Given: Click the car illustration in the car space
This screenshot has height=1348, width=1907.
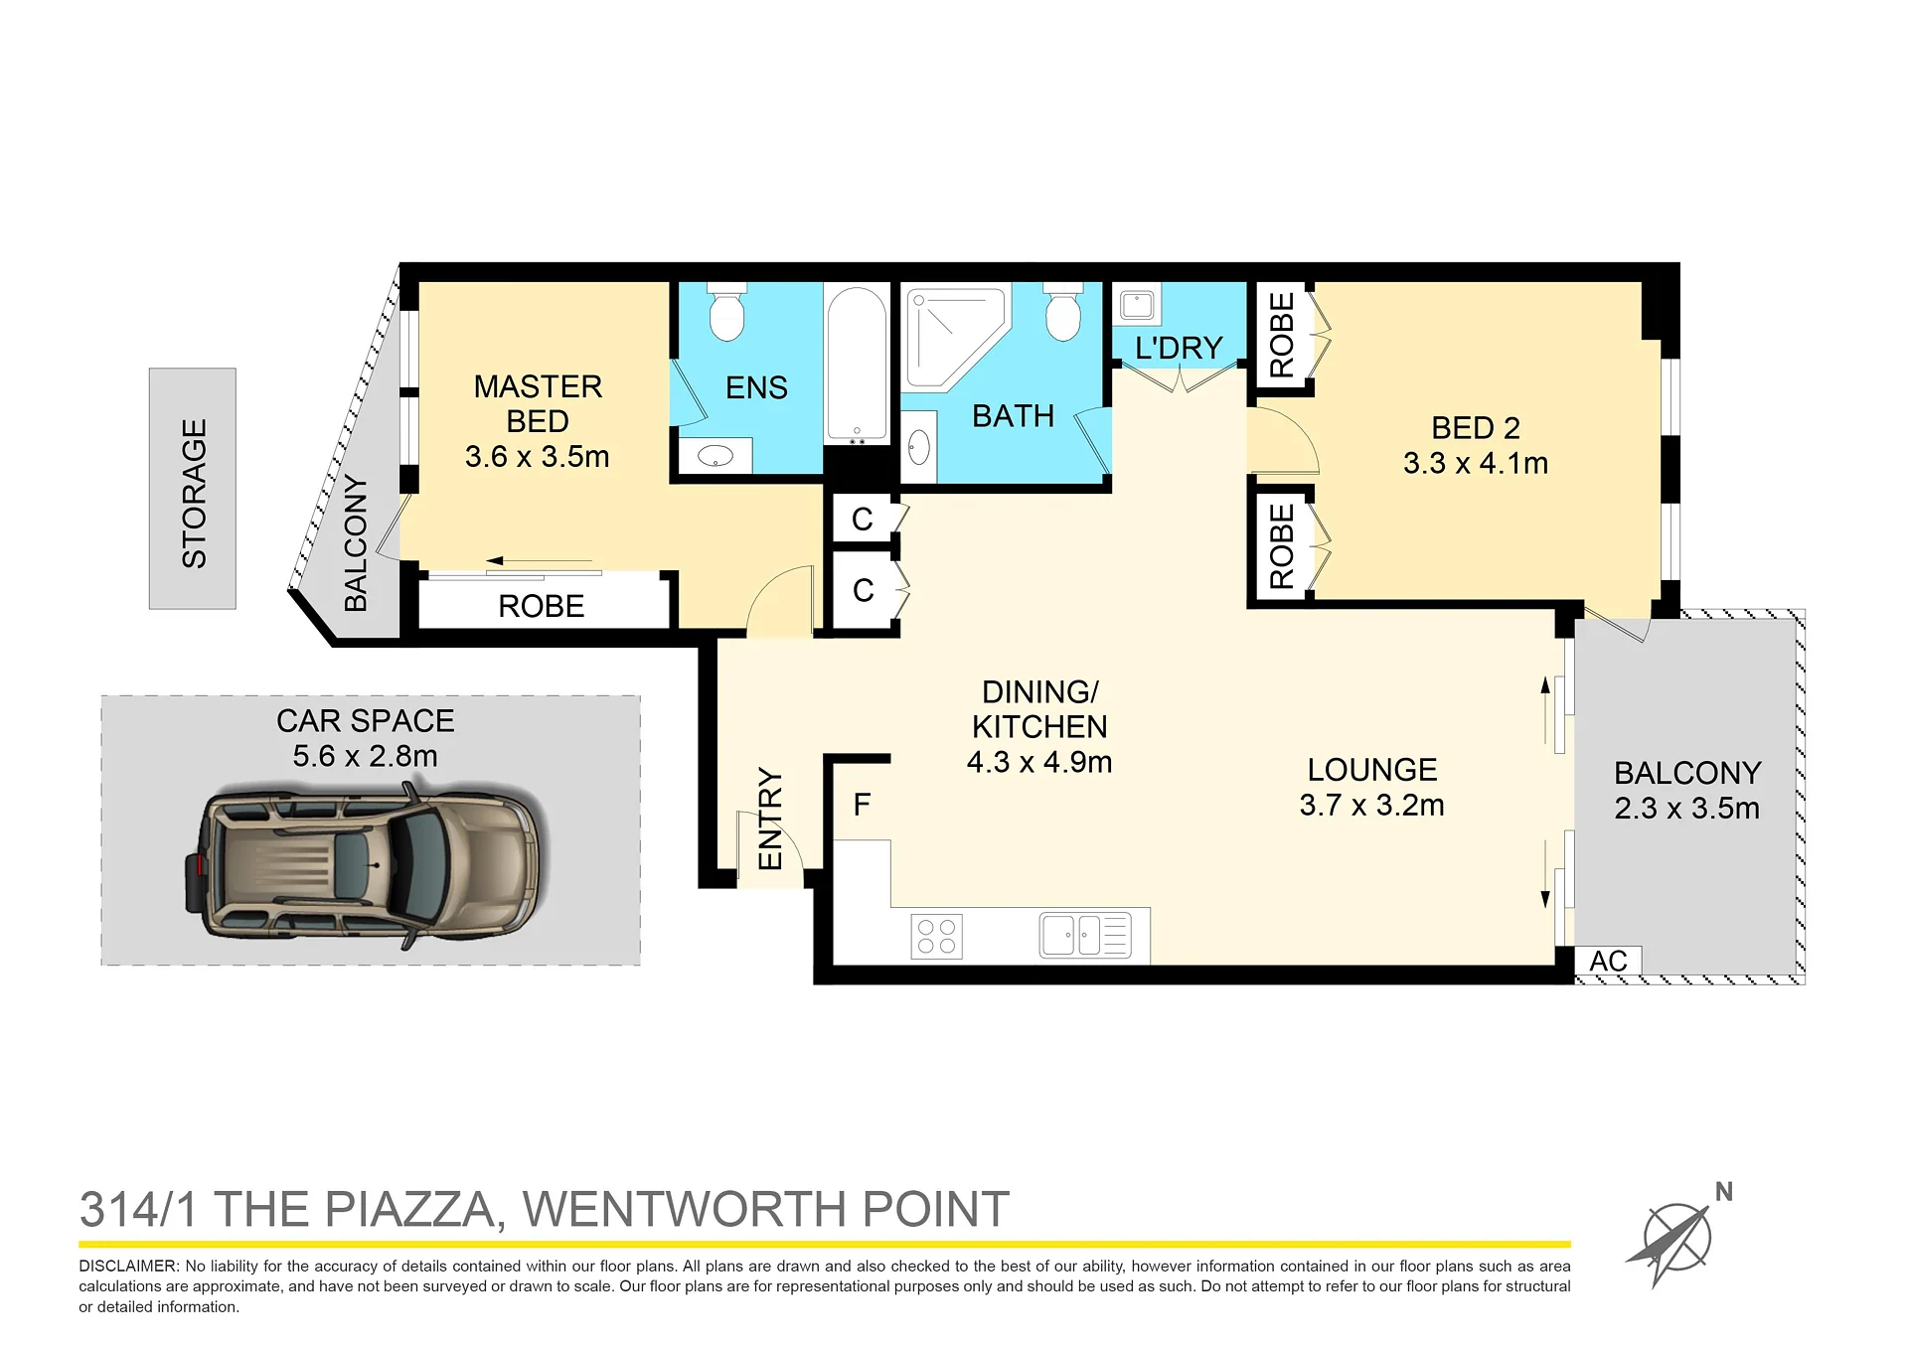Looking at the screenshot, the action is tap(365, 862).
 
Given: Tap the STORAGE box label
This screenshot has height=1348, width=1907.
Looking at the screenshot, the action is tap(194, 493).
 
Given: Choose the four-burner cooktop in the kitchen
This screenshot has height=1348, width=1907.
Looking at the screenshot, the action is tap(936, 936).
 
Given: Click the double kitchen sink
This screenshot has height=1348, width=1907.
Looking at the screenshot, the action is tap(1085, 935).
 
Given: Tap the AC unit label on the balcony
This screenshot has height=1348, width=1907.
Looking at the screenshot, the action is tap(1608, 961).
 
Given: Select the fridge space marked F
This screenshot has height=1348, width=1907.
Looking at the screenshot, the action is tap(862, 804).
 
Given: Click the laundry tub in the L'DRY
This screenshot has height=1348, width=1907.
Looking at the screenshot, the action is tap(1137, 304).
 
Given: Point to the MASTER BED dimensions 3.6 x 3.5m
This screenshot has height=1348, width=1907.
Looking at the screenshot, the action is tap(537, 457).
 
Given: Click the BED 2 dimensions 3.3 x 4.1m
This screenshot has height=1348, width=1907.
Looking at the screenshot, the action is tap(1476, 464).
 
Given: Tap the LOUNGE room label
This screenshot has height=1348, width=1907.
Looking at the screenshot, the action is tap(1371, 770).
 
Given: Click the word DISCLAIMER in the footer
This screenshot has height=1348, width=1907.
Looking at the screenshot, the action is tap(128, 1266).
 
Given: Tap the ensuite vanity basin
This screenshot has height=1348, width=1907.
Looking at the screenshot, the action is tap(715, 456).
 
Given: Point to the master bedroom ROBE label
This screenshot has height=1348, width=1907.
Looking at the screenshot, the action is tap(541, 606).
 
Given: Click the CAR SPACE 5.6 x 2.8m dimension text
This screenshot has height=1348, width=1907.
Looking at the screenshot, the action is tap(365, 757).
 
